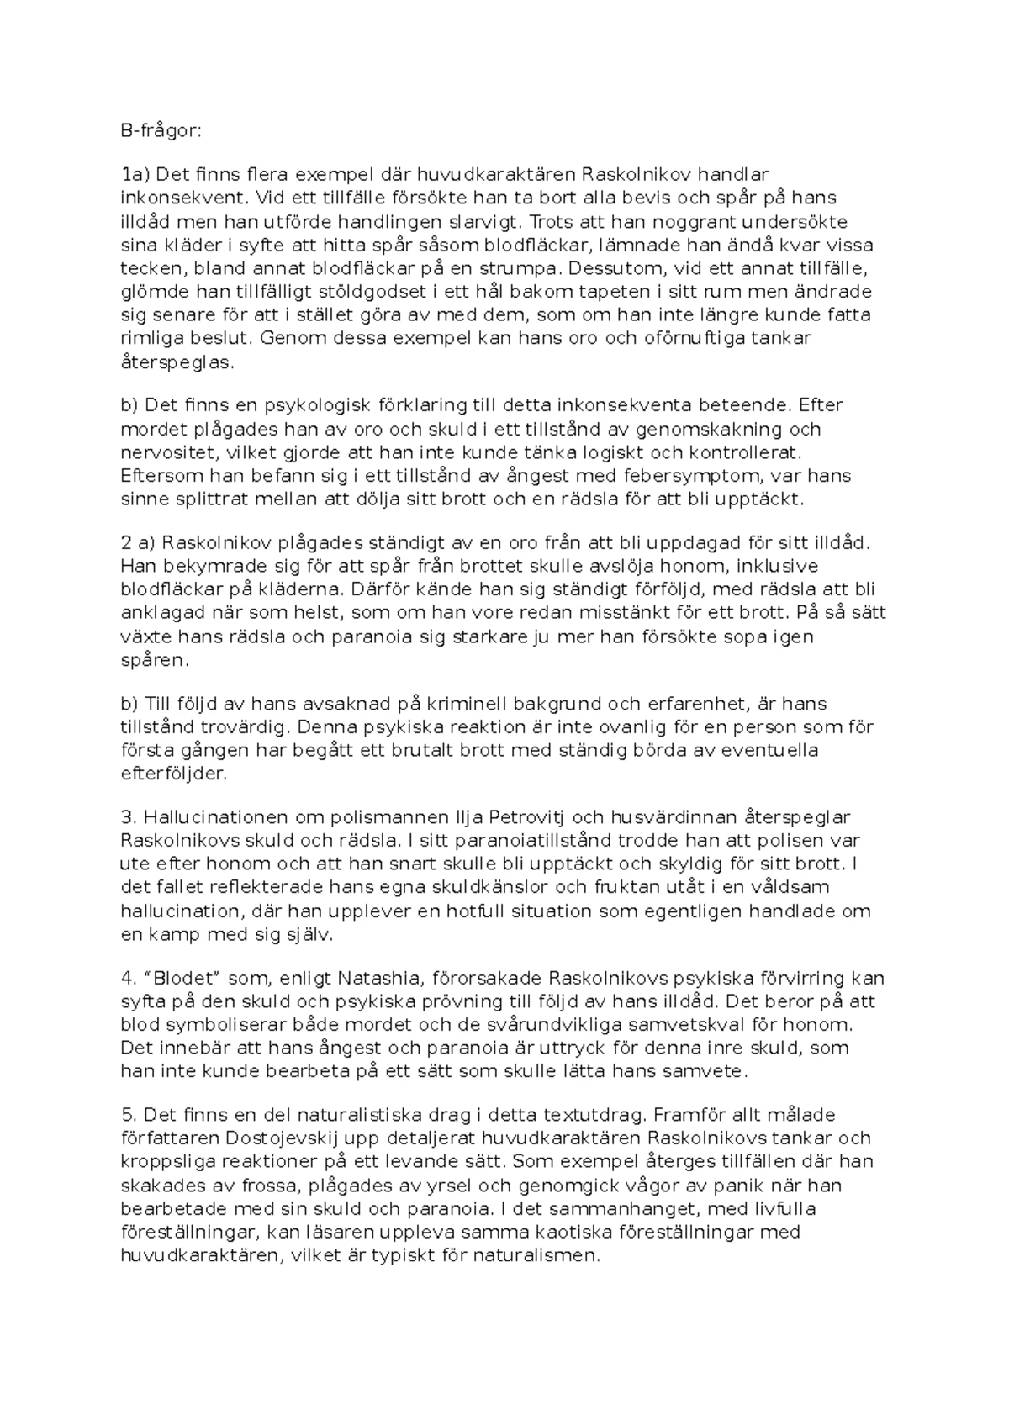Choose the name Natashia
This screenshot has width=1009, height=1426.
click(x=384, y=979)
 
